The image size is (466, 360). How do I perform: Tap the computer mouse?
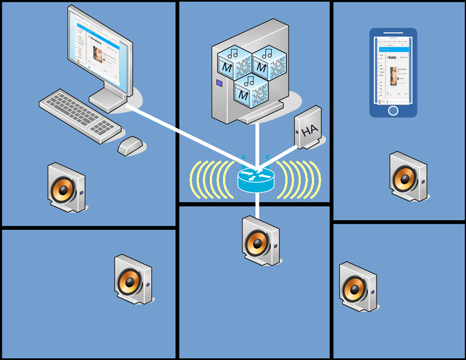point(130,145)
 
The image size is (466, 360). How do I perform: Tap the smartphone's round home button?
point(393,111)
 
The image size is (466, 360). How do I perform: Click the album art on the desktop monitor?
point(98,54)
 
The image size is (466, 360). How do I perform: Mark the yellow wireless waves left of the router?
point(207,180)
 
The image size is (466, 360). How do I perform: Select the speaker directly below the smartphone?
point(407,177)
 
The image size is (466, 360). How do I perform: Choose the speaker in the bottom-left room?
point(133,280)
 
